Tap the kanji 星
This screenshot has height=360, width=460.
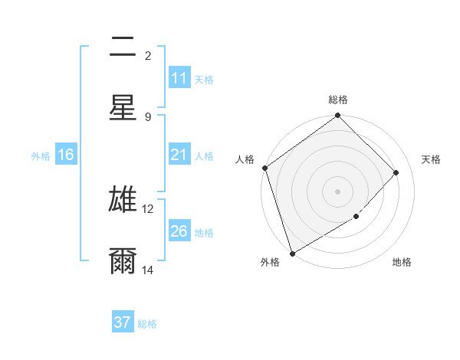[x=123, y=107]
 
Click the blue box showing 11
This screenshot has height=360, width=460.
[x=179, y=78]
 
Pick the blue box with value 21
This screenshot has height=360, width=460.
[x=179, y=155]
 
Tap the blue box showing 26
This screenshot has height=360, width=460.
[x=179, y=231]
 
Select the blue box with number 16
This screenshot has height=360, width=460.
[x=66, y=155]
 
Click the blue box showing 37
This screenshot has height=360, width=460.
[x=123, y=322]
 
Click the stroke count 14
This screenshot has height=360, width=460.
[x=147, y=270]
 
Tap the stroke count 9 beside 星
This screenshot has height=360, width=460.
[x=148, y=116]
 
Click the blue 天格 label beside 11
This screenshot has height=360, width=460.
[x=204, y=79]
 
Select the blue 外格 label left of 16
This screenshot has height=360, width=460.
[x=41, y=155]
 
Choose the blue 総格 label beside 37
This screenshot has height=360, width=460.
[x=147, y=323]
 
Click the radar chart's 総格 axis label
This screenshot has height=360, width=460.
[x=338, y=100]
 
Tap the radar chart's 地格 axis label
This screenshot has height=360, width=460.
[x=402, y=262]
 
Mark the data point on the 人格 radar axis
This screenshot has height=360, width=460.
[x=264, y=168]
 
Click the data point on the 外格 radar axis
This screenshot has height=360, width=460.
[x=292, y=254]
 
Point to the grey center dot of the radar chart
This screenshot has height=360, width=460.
[x=338, y=191]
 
